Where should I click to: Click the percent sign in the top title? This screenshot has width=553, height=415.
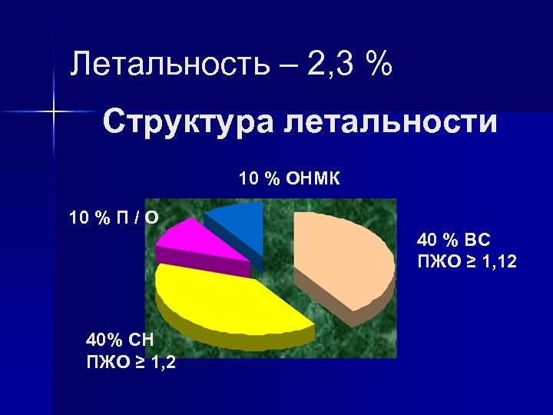click(x=379, y=65)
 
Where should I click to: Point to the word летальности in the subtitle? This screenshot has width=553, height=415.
click(x=388, y=123)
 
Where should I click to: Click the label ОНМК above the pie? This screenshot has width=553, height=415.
click(x=313, y=179)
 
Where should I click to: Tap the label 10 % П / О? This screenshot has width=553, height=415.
click(x=114, y=218)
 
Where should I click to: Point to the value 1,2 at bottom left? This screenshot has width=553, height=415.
click(x=162, y=362)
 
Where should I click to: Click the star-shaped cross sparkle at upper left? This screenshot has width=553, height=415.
click(x=54, y=112)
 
